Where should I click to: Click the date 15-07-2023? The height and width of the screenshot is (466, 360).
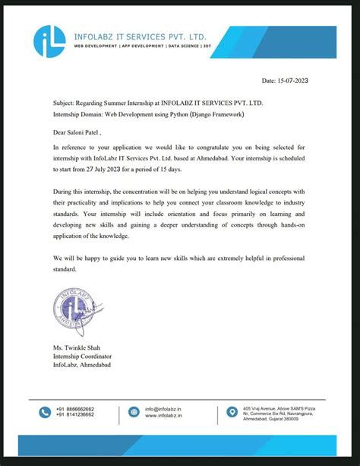click(x=285, y=80)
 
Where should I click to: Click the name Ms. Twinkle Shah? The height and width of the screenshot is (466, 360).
click(x=81, y=349)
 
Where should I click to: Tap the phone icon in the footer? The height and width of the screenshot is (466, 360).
click(x=46, y=412)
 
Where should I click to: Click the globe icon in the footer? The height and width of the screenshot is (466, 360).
click(x=134, y=412)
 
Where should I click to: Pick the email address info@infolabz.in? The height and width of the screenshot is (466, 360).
click(x=163, y=408)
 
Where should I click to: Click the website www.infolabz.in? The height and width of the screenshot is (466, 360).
click(x=163, y=416)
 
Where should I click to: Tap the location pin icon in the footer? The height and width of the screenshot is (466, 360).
click(x=232, y=412)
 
